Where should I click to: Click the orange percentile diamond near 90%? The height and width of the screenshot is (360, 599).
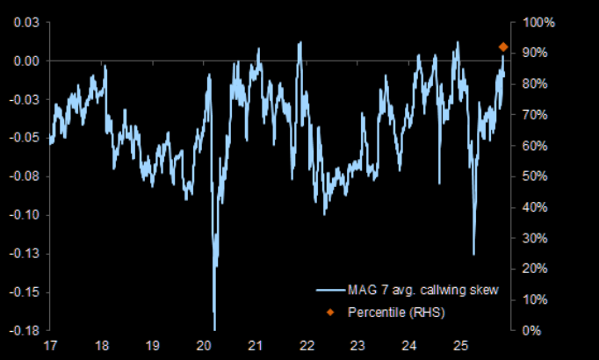(x=503, y=47)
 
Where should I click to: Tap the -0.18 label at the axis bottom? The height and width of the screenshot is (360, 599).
(x=23, y=330)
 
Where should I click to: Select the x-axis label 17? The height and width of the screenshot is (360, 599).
(x=51, y=344)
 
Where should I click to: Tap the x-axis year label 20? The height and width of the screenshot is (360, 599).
(x=205, y=344)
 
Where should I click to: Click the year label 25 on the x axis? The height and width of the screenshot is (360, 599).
(x=458, y=344)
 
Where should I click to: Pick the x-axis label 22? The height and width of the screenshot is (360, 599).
(x=307, y=344)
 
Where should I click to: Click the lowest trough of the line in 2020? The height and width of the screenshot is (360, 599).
(x=214, y=329)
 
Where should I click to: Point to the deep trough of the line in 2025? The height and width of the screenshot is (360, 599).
(x=474, y=255)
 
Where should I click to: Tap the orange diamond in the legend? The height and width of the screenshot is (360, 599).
(x=331, y=312)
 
